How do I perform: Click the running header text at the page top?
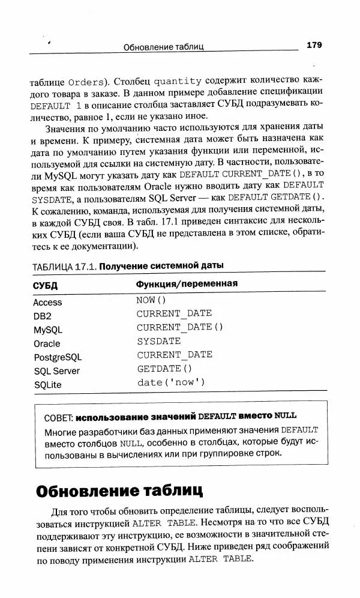(x=164, y=46)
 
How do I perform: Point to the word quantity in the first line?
(x=178, y=82)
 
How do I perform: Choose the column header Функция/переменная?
(x=187, y=284)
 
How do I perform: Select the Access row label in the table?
(x=47, y=303)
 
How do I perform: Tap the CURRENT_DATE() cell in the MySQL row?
(x=179, y=327)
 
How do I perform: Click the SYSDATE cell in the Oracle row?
(x=158, y=341)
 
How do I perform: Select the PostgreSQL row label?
(x=57, y=357)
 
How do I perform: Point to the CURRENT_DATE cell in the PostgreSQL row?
(x=174, y=355)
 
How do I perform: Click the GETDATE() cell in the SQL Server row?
(x=164, y=369)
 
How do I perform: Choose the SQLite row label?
(x=47, y=384)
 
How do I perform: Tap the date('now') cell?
(x=171, y=382)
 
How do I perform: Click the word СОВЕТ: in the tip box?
(x=59, y=416)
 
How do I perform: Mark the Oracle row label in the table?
(x=47, y=343)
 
